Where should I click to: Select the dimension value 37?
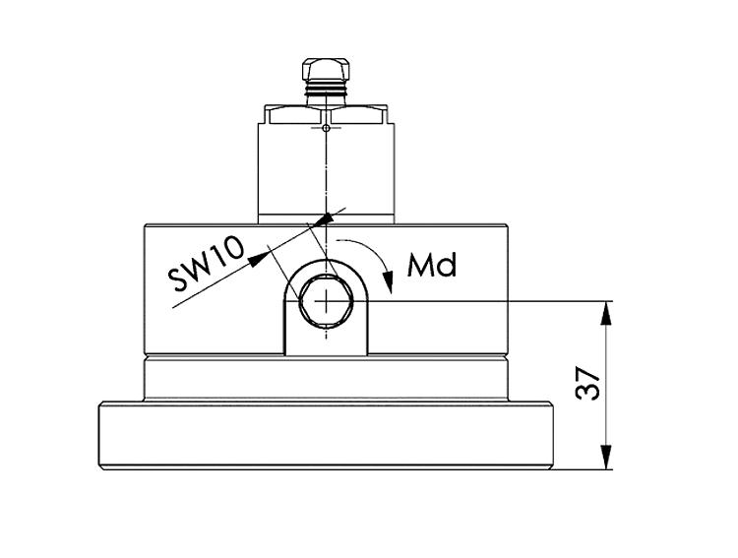pyautogui.click(x=587, y=385)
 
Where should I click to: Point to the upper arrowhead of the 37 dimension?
pyautogui.click(x=610, y=312)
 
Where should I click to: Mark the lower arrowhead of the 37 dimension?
pyautogui.click(x=610, y=458)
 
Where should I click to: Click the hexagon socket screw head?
pyautogui.click(x=325, y=301)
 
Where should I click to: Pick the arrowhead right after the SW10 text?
pyautogui.click(x=259, y=258)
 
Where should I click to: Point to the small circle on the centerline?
pyautogui.click(x=325, y=127)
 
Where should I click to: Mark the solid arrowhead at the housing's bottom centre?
pyautogui.click(x=325, y=217)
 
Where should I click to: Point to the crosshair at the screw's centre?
pyautogui.click(x=325, y=301)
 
